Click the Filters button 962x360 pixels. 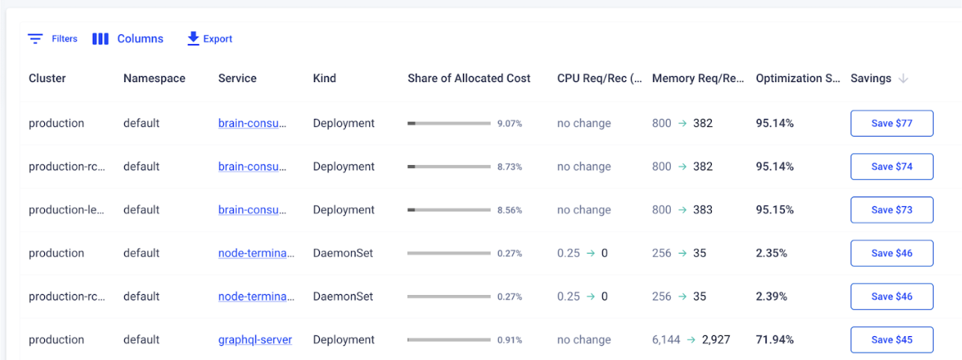(x=52, y=39)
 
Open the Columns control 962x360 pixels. (x=128, y=39)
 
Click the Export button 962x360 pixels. (x=210, y=39)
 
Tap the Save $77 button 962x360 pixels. (x=892, y=123)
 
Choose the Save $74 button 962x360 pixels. (x=892, y=167)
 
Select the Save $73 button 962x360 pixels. (x=892, y=210)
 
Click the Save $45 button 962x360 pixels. (x=892, y=340)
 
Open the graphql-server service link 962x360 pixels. (x=255, y=340)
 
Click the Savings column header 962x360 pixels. (x=871, y=78)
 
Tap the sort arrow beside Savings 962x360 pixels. (x=903, y=78)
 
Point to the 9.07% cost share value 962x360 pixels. (x=509, y=124)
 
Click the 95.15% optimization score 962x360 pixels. (x=775, y=210)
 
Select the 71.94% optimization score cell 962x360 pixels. (x=775, y=340)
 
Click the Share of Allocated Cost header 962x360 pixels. (x=469, y=78)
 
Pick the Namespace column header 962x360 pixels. (x=154, y=78)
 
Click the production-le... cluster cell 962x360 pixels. (x=66, y=210)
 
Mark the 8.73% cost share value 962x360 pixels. (x=509, y=167)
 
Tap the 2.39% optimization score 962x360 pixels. (x=772, y=297)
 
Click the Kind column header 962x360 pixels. (x=324, y=78)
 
